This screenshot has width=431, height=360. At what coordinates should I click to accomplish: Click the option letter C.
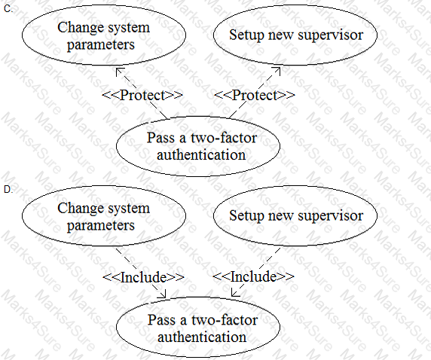pyautogui.click(x=8, y=9)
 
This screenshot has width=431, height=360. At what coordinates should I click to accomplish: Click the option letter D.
pyautogui.click(x=8, y=189)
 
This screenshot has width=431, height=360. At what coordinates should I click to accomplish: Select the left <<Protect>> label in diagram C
pyautogui.click(x=142, y=95)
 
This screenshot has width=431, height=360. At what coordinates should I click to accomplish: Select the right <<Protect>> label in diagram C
pyautogui.click(x=254, y=95)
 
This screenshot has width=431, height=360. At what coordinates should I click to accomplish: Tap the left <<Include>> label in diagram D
pyautogui.click(x=143, y=276)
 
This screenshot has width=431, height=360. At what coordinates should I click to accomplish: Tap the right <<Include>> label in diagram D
pyautogui.click(x=253, y=276)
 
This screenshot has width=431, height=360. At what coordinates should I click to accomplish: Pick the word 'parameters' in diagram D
pyautogui.click(x=101, y=225)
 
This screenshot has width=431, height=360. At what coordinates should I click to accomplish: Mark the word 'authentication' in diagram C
pyautogui.click(x=201, y=154)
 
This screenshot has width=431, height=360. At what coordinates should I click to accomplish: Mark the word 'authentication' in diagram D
pyautogui.click(x=202, y=337)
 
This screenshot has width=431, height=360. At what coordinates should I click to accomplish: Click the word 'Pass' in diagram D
pyautogui.click(x=161, y=320)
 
